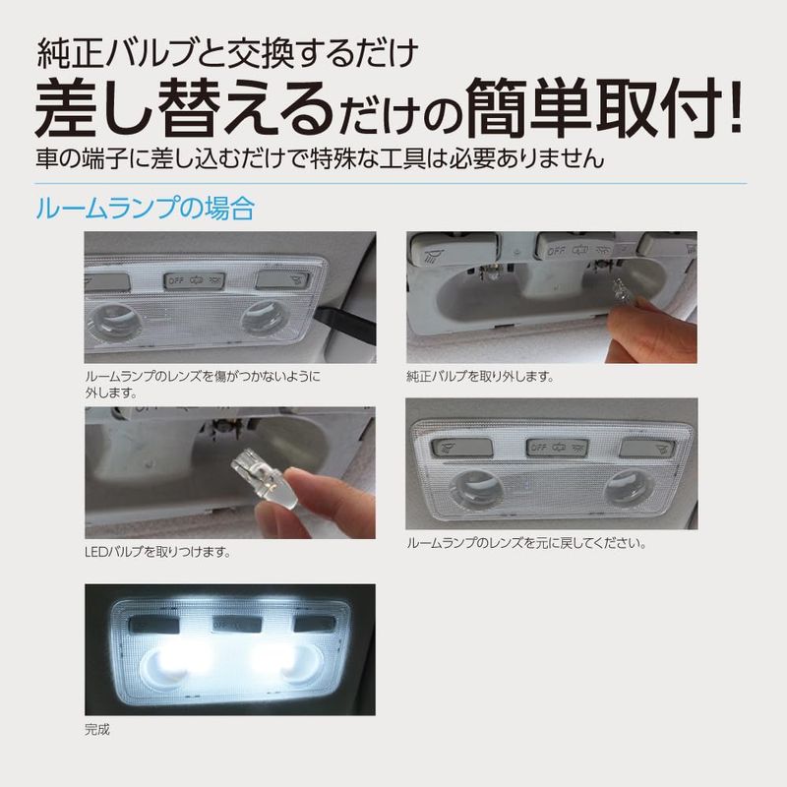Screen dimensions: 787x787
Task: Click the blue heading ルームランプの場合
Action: [x=145, y=209]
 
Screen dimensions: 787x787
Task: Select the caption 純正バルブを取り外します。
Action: [x=480, y=377]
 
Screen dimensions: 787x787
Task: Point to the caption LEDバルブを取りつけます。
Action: [x=157, y=552]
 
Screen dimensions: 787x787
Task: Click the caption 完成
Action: [x=97, y=729]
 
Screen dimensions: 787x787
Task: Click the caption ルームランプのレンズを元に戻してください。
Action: [x=526, y=543]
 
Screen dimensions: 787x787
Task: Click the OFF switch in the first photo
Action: [x=194, y=280]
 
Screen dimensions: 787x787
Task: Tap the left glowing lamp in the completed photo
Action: [x=175, y=663]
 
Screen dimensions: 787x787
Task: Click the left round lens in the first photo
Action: [x=114, y=323]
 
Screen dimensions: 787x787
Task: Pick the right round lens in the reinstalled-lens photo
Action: [x=629, y=488]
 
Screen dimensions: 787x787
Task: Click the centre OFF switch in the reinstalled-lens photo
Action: [x=557, y=448]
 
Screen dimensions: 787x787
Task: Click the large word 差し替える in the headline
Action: [x=185, y=107]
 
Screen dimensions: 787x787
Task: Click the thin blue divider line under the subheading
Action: [x=391, y=183]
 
